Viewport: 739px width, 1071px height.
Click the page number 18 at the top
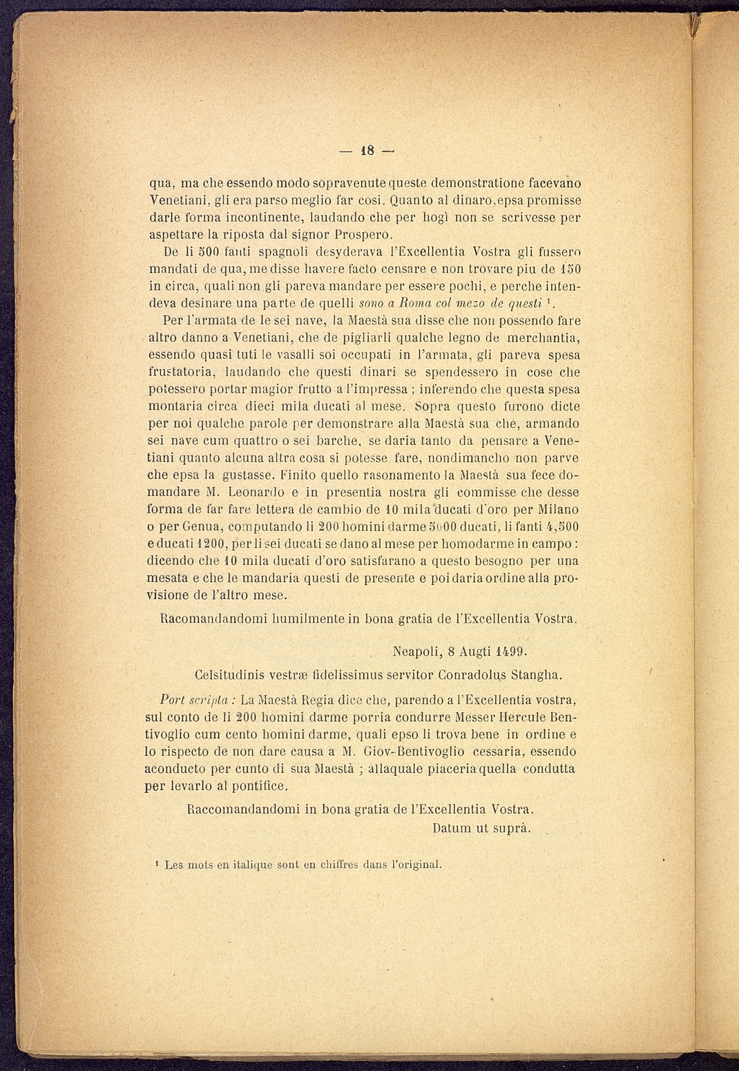tap(366, 151)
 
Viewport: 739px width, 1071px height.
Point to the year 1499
tap(511, 651)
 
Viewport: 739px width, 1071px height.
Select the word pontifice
tap(258, 786)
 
